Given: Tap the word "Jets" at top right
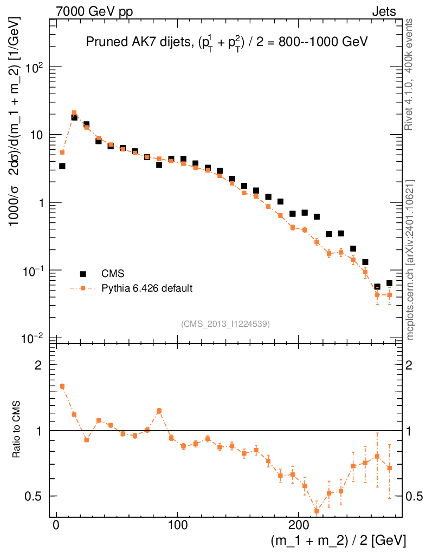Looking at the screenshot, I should coord(383,11).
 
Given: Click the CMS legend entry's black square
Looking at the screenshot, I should coord(83,274).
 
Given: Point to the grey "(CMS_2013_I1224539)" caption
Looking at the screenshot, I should coord(225,324).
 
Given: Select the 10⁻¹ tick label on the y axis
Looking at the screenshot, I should coord(34,271).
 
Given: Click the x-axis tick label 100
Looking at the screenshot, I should coord(177,526).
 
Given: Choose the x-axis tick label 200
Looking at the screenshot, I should coord(299,526).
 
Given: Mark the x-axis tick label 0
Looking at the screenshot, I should coord(56,526).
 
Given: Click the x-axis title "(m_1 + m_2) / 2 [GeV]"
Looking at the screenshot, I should coord(338,540).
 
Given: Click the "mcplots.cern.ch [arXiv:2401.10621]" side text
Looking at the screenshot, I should coord(410,260).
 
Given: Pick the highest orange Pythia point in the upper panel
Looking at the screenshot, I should coord(74,113).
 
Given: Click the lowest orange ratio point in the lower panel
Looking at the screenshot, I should coord(317,511).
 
